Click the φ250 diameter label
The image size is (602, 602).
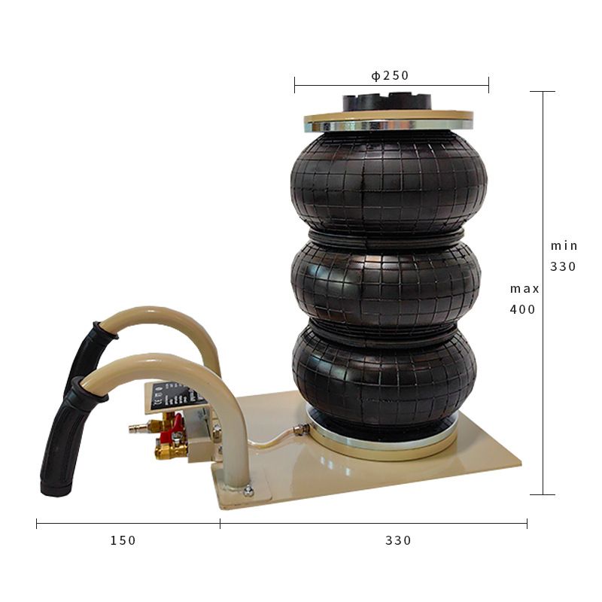[x=390, y=76]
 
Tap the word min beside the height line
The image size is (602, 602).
[x=564, y=246]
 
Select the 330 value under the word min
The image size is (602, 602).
[x=563, y=266]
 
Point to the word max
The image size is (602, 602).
[x=524, y=289]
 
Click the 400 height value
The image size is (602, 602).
[x=522, y=309]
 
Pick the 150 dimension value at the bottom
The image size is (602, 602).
[x=123, y=540]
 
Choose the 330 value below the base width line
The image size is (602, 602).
[x=398, y=540]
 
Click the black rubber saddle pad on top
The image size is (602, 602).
[x=387, y=103]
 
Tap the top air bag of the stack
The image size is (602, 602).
[x=388, y=182]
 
